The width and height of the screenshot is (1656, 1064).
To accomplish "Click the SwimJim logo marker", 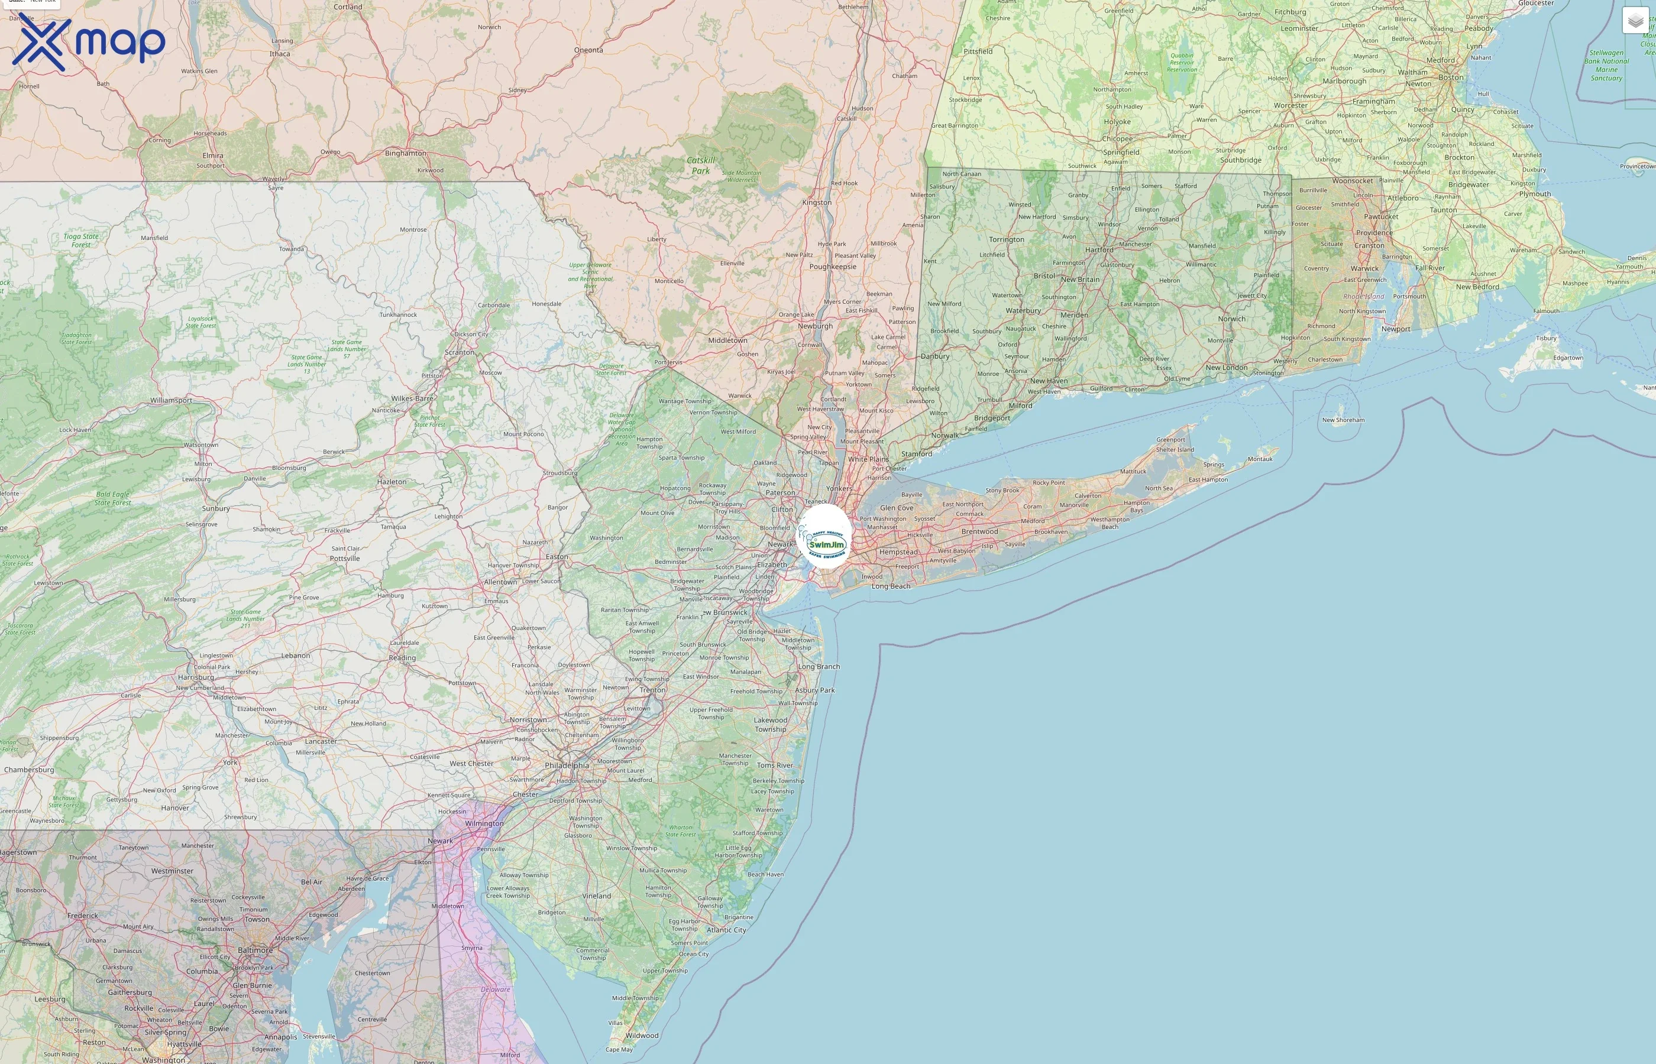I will coord(824,536).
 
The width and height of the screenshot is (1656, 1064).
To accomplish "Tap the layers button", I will coord(1635,21).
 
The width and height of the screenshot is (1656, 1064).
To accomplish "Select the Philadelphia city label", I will coord(567,765).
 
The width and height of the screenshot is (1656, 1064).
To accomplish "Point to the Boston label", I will coord(1451,77).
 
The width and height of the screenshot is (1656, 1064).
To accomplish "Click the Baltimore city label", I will coord(255,950).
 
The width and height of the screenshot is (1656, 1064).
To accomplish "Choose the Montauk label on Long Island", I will coord(1260,459).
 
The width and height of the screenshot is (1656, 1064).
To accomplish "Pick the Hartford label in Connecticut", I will coord(1099,250).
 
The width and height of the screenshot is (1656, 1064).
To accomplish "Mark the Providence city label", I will coord(1374,233).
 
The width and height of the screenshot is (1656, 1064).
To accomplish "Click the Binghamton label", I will coord(406,153).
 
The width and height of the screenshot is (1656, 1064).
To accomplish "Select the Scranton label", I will coord(460,352).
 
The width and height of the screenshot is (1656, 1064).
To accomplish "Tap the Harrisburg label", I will coord(196,677).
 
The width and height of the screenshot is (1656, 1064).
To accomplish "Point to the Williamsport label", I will coord(172,401).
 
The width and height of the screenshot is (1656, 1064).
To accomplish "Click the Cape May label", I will coord(619,1049).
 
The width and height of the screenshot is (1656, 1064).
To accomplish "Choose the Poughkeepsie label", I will coord(832,267).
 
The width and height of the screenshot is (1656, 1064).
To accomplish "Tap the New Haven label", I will coord(1049,381).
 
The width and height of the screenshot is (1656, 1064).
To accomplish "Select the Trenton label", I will coord(652,689).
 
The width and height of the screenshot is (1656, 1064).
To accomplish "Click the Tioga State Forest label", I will coord(81,241).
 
